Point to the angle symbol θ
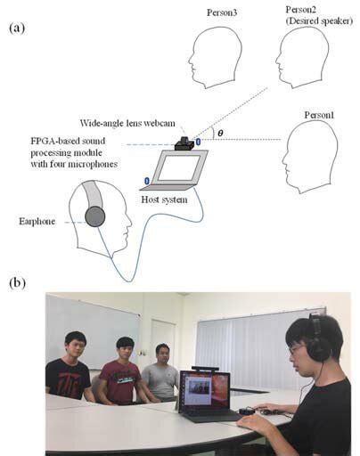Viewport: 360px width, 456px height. pos(221,133)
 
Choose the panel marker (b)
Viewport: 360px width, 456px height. pos(16,282)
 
